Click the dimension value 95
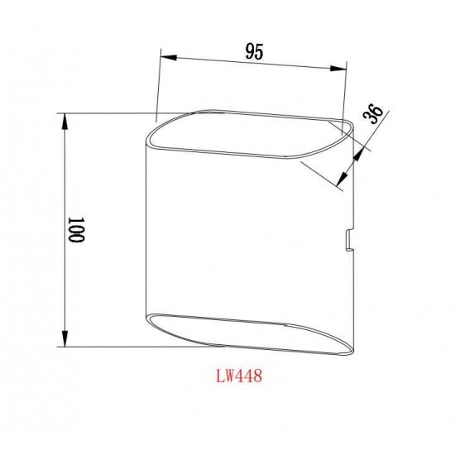click(x=253, y=51)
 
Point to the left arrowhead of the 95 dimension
click(x=163, y=55)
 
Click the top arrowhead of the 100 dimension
click(x=65, y=117)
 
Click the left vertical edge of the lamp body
click(x=148, y=232)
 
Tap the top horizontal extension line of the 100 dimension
click(x=108, y=113)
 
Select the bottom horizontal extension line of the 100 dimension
click(x=108, y=346)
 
